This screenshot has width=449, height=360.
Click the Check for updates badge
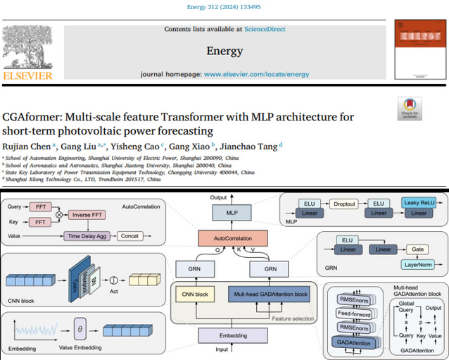click(409, 109)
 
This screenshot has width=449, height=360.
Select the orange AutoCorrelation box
click(234, 239)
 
